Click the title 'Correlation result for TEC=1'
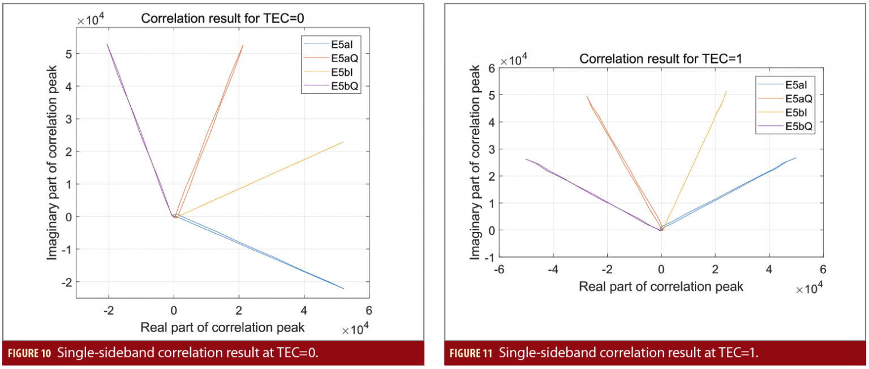click(661, 58)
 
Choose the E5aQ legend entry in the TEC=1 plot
click(798, 98)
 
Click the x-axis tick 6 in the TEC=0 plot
click(369, 310)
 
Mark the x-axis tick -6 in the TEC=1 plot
click(499, 269)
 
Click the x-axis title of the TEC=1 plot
click(661, 286)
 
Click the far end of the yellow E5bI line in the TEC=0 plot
click(343, 142)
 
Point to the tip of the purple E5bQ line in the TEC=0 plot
click(107, 44)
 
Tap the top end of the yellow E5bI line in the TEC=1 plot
click(726, 92)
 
